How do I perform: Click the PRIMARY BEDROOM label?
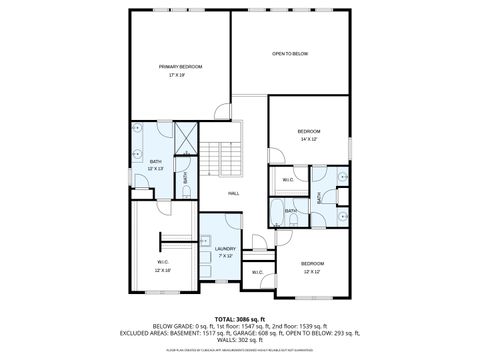(180, 66)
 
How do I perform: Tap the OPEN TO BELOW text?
(290, 53)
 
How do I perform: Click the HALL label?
(233, 193)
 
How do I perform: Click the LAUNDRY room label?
(225, 248)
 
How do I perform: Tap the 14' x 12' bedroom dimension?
(308, 140)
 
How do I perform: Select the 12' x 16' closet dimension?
(163, 270)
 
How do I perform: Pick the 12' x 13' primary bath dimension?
(155, 169)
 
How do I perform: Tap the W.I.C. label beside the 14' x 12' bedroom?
(287, 180)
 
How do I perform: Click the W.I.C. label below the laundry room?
(256, 272)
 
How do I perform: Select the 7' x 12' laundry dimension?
(225, 256)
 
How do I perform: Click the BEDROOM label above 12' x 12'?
(312, 263)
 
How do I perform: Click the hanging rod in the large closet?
(164, 240)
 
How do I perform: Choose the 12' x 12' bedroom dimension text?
(312, 271)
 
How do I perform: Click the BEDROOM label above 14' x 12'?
(308, 132)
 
